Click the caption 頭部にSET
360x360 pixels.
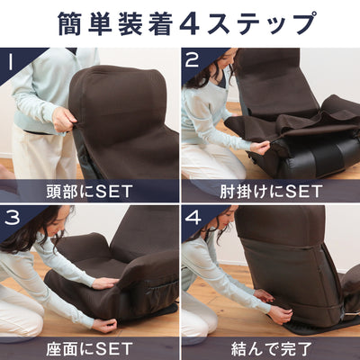[89, 191]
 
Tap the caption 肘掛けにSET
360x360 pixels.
[270, 191]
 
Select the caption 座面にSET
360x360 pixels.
[89, 347]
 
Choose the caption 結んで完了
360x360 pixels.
[270, 347]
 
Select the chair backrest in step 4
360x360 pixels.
[283, 261]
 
